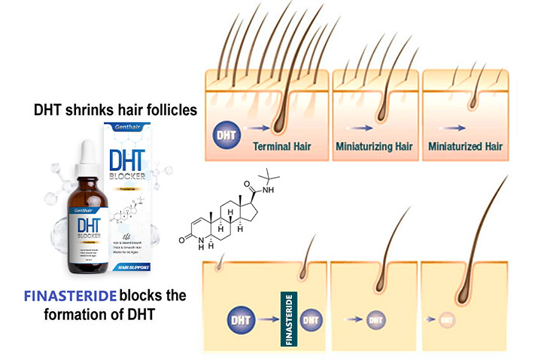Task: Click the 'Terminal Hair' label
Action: [283, 146]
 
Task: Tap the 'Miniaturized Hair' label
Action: [465, 146]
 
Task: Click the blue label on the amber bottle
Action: [84, 233]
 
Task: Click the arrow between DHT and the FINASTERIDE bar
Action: [264, 319]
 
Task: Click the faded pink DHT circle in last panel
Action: [448, 320]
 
